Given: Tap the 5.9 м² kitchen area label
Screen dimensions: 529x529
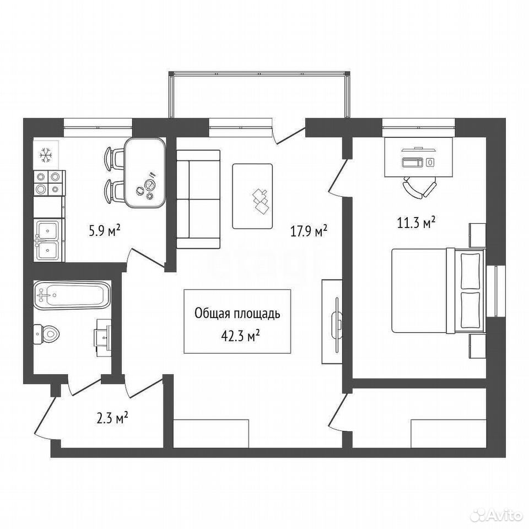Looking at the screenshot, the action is click(104, 232).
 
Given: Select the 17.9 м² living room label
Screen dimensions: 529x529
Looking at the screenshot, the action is click(309, 231).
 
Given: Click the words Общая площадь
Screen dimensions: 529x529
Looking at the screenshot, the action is click(237, 314).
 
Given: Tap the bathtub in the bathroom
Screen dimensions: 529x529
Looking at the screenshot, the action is click(72, 294).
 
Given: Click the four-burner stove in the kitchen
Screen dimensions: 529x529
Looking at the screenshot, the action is click(50, 183).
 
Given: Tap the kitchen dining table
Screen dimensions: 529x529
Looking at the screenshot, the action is click(145, 173).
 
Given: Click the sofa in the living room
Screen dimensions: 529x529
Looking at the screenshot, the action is click(198, 199).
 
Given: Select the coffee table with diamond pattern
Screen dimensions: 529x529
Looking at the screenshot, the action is click(252, 196).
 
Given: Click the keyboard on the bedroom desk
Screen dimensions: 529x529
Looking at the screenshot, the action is click(413, 162).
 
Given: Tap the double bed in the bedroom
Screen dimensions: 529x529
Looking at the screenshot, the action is click(438, 290).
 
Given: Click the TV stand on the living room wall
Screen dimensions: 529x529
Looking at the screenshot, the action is click(332, 321).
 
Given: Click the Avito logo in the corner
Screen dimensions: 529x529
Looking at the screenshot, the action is click(497, 515).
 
